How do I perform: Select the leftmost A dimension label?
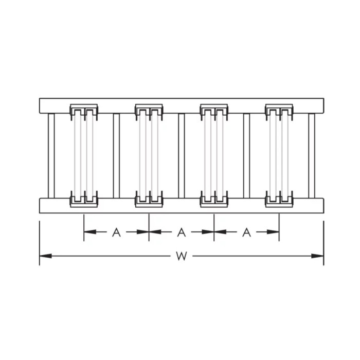coord(116,232)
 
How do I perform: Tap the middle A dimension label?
coord(181,232)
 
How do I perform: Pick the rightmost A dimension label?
coord(246,232)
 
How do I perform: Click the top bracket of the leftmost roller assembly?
coord(84,110)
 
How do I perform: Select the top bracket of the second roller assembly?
coord(149,110)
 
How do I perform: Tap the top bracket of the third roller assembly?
coord(214,110)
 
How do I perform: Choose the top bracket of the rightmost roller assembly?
coord(279,110)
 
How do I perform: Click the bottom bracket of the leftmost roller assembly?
coord(84,199)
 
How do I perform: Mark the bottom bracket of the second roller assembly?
coord(149,199)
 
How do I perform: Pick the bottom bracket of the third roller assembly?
coord(214,199)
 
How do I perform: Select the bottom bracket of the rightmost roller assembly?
coord(279,199)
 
